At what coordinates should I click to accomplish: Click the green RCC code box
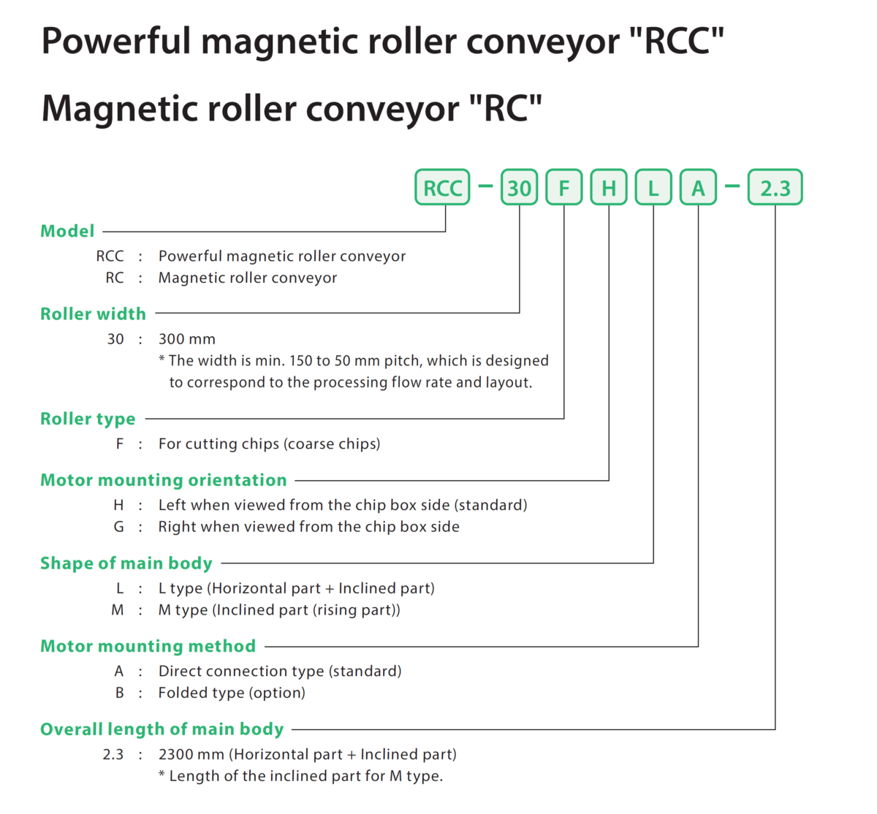point(442,188)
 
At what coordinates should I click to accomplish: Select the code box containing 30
point(519,188)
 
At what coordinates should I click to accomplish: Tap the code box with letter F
point(564,188)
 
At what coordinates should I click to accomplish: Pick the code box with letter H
point(609,188)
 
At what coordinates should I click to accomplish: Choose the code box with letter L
point(653,188)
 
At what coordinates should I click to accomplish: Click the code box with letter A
point(698,188)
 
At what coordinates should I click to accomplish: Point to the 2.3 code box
point(775,188)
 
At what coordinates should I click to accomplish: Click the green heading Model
point(67,231)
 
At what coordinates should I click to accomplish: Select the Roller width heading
point(93,314)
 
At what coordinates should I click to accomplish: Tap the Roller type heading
point(88,419)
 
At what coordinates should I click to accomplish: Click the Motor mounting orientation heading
point(163,480)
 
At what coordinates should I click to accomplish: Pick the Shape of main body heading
point(126,563)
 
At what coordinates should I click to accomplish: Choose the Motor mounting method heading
point(148,646)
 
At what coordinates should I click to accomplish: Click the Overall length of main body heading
point(162,729)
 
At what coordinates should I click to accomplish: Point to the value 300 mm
point(186,339)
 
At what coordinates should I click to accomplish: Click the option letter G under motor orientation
point(118,527)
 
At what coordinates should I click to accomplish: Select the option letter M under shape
point(118,610)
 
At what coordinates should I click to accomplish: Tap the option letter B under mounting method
point(119,693)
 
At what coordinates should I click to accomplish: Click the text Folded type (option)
point(232,693)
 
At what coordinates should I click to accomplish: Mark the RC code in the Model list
point(115,278)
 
